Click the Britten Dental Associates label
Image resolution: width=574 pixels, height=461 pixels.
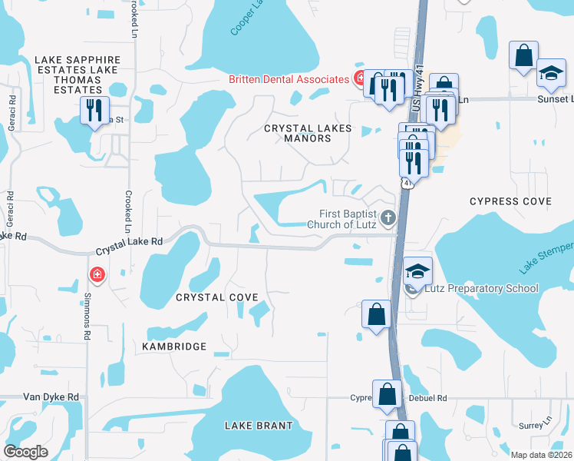pyautogui.click(x=289, y=79)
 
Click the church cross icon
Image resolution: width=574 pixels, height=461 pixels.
pyautogui.click(x=388, y=217)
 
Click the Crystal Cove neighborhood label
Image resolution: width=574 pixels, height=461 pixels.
pyautogui.click(x=216, y=297)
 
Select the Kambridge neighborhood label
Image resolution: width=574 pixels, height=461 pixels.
pyautogui.click(x=174, y=347)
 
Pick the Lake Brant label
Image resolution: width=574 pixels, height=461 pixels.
pyautogui.click(x=259, y=426)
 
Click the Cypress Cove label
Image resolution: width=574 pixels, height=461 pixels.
pyautogui.click(x=510, y=201)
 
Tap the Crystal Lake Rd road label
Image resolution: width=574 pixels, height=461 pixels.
pyautogui.click(x=130, y=246)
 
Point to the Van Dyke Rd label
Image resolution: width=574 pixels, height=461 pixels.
pyautogui.click(x=51, y=397)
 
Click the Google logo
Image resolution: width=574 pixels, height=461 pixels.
pyautogui.click(x=26, y=452)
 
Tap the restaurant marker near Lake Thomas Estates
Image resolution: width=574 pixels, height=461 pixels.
pyautogui.click(x=94, y=110)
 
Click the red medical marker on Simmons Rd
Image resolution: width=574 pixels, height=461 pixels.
pyautogui.click(x=97, y=274)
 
